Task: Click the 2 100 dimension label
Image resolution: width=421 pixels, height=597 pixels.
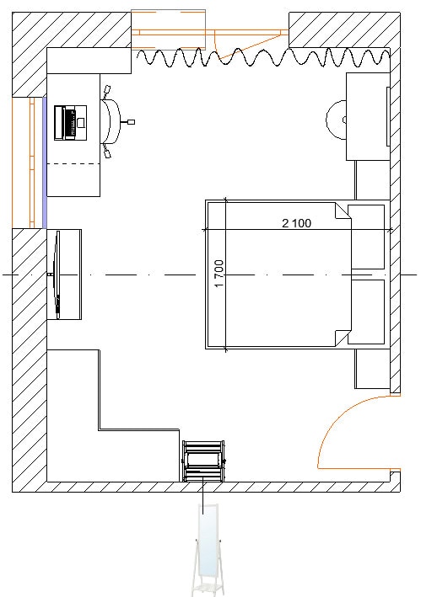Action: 296,223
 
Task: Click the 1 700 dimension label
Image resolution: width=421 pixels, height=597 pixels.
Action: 219,274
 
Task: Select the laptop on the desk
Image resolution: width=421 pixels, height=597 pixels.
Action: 70,123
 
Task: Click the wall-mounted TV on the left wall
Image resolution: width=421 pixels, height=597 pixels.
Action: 57,275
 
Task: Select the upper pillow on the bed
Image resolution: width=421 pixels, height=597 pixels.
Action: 366,237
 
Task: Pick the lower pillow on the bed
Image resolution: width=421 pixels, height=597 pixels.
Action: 366,312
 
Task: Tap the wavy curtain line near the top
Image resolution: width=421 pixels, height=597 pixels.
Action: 263,57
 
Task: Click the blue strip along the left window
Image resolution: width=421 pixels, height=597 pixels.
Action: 44,163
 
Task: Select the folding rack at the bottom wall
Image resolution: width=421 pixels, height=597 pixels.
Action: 203,461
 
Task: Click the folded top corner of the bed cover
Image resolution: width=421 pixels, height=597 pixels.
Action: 342,211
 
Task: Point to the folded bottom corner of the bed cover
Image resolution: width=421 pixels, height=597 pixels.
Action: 342,338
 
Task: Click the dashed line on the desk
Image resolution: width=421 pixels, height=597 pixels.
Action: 73,164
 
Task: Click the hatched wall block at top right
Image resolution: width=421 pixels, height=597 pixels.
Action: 344,29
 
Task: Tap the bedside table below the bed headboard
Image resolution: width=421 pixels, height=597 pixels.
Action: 372,369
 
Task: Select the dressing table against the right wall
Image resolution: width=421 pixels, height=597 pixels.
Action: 368,116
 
